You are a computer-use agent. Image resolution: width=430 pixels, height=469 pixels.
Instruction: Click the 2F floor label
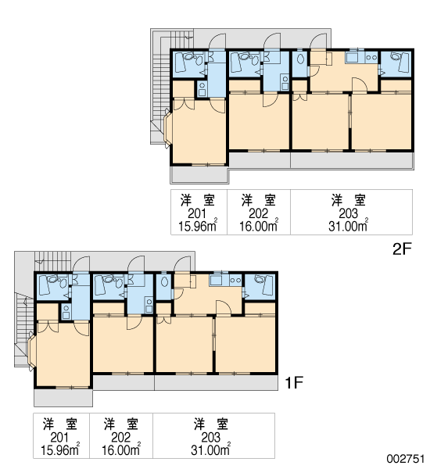tap(402, 249)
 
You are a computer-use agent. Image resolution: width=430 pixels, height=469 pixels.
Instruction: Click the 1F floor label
tap(294, 382)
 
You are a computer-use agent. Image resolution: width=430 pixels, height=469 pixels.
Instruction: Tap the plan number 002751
tap(406, 459)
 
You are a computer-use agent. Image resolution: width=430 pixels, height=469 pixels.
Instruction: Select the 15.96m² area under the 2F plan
tap(198, 226)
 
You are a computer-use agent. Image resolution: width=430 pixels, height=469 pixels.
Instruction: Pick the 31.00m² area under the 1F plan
tap(210, 449)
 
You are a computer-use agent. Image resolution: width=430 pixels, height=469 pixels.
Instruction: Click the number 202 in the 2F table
tap(258, 213)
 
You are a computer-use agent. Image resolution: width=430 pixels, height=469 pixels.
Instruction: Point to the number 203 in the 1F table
tap(210, 437)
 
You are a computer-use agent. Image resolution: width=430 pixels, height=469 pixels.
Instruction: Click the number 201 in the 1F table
tap(60, 437)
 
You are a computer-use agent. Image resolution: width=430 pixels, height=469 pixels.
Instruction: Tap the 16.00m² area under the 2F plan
tap(259, 226)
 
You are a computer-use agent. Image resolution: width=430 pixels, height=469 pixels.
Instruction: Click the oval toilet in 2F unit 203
tap(300, 59)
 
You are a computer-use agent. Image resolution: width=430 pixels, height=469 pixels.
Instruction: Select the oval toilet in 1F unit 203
tap(164, 282)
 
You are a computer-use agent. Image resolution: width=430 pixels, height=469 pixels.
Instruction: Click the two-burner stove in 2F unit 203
tap(371, 57)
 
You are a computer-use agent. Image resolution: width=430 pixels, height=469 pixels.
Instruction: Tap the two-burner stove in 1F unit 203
tap(235, 281)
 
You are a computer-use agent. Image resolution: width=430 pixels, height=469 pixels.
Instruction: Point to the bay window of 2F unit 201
tap(167, 128)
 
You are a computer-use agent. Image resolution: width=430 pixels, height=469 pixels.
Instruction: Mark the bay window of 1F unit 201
tap(31, 352)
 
